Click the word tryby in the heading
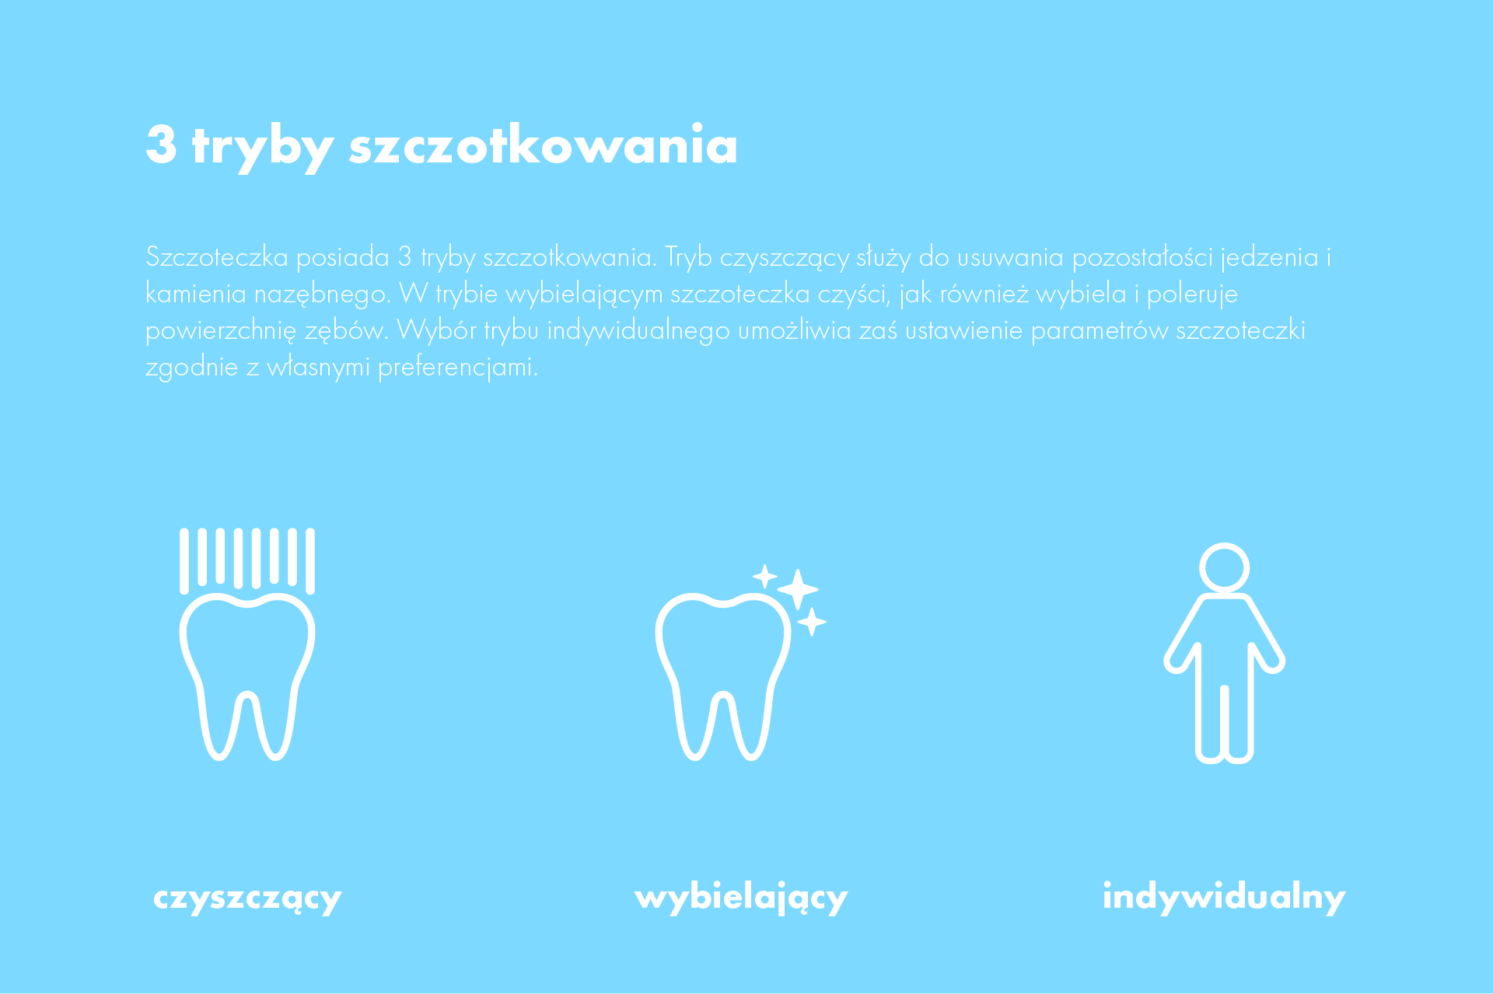click(x=263, y=147)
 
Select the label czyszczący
click(x=247, y=898)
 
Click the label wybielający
click(x=741, y=897)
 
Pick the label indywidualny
click(x=1224, y=897)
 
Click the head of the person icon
click(x=1224, y=567)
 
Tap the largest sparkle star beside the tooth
click(x=798, y=589)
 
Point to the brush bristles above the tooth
click(x=247, y=560)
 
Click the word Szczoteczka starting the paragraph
click(x=217, y=256)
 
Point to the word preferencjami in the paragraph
click(x=457, y=368)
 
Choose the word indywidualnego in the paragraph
click(x=638, y=331)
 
